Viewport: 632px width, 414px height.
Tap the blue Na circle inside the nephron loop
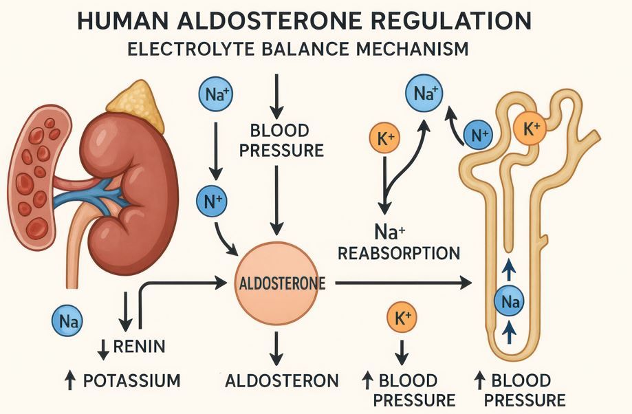point(509,301)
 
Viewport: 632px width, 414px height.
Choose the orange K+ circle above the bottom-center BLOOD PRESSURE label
point(403,318)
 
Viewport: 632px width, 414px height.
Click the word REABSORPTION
point(398,253)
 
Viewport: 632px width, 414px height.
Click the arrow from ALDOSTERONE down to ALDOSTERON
point(276,349)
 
